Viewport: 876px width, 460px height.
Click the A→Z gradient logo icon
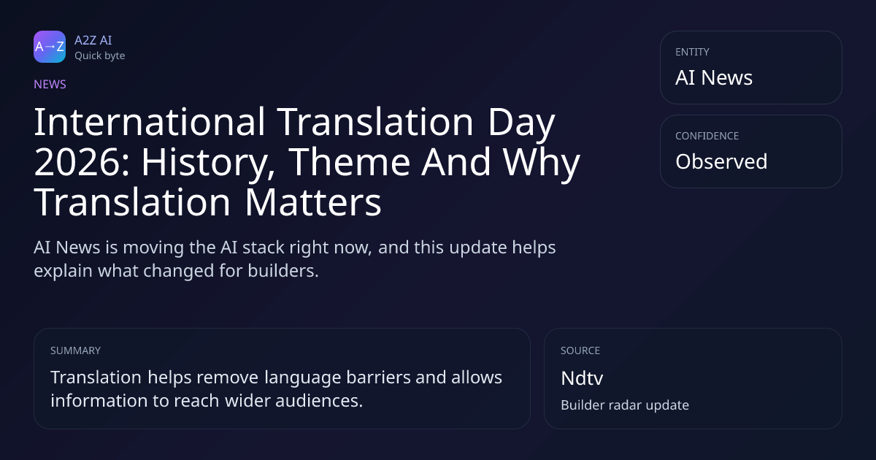point(50,47)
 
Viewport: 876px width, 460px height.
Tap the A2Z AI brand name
point(93,40)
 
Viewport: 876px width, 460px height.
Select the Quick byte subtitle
point(100,56)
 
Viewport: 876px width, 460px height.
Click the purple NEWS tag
point(50,84)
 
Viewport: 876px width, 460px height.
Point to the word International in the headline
point(150,122)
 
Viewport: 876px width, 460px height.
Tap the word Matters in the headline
point(313,202)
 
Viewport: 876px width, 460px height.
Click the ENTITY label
point(692,52)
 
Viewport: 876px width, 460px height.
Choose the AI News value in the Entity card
point(714,77)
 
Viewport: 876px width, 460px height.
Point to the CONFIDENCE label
point(707,136)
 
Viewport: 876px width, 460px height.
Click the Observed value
point(721,161)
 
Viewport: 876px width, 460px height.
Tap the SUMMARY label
point(75,350)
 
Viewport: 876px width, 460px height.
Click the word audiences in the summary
point(319,401)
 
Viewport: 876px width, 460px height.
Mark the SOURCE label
point(580,350)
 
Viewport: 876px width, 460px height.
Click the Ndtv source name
point(582,378)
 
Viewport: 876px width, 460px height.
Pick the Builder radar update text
point(625,405)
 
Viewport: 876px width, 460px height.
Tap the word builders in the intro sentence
point(283,271)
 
